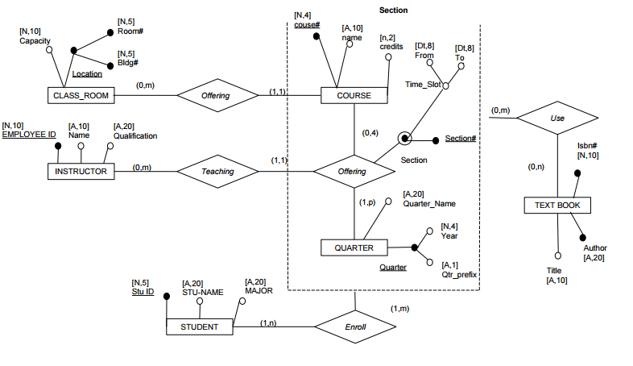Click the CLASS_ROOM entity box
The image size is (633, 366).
81,96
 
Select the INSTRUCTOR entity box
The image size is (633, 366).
81,171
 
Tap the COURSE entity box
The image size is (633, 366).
354,95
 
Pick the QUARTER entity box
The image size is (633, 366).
354,247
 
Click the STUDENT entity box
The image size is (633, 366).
200,326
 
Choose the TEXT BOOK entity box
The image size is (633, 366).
557,206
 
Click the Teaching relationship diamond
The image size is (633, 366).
217,171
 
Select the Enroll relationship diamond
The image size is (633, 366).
354,326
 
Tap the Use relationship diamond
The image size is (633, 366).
557,118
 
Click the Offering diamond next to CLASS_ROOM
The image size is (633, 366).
217,96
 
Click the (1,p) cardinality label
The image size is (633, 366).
367,202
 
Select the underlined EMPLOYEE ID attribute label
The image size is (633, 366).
29,135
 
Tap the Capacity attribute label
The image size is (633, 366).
35,40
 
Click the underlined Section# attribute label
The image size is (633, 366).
461,139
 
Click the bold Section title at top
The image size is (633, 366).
393,10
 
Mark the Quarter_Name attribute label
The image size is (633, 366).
428,204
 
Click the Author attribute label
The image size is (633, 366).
594,247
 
